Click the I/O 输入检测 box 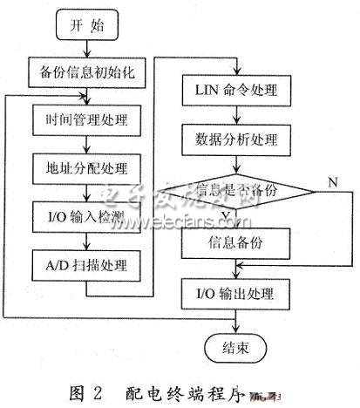(x=85, y=214)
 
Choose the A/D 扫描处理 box (x=85, y=262)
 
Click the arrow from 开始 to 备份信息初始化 (x=85, y=47)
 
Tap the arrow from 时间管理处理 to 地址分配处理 (x=85, y=142)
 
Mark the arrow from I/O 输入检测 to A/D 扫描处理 (x=85, y=238)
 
